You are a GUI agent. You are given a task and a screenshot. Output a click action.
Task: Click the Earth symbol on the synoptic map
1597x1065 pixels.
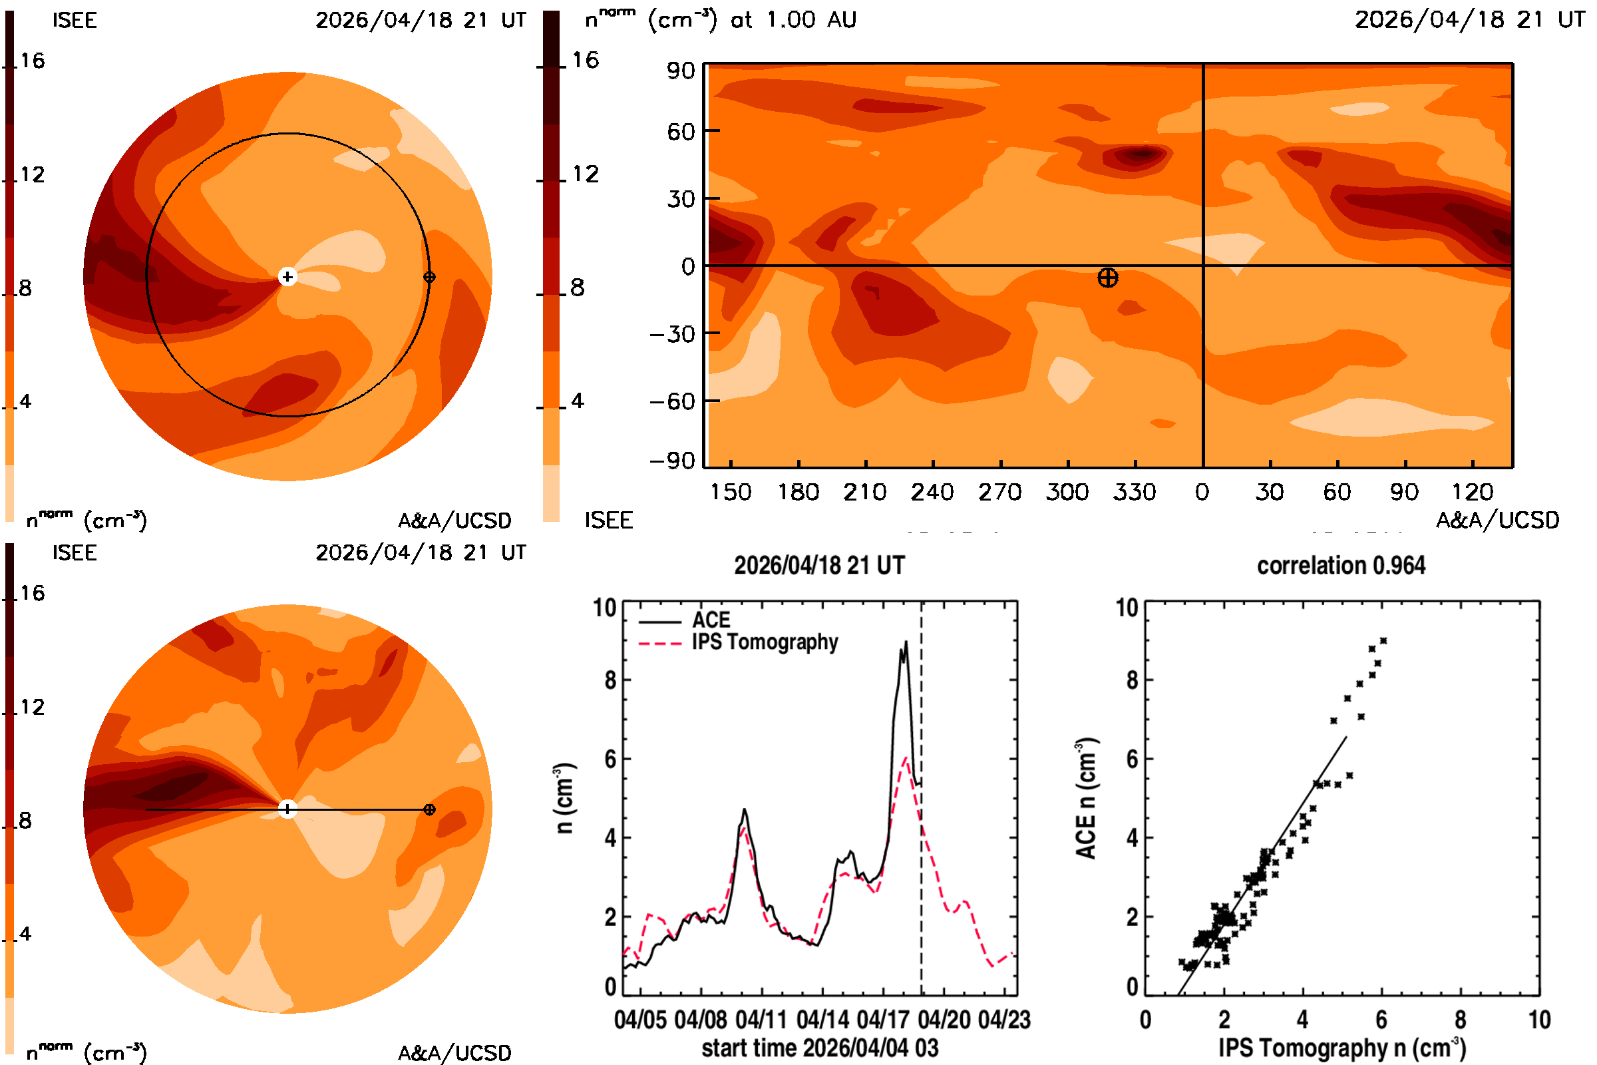point(1107,278)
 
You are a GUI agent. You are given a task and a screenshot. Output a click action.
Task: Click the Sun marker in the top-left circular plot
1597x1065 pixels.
point(287,276)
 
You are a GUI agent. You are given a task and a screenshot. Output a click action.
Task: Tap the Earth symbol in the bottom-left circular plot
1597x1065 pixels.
point(429,809)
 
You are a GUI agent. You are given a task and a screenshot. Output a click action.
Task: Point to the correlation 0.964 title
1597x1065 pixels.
point(1341,565)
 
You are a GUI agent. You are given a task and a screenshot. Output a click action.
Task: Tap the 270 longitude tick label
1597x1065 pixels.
point(999,492)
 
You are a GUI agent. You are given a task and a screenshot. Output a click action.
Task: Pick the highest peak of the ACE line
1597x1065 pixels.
point(905,641)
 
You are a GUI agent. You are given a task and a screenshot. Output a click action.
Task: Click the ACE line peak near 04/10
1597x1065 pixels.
point(744,809)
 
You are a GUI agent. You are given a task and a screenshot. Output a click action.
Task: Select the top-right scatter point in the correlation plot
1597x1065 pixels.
point(1383,640)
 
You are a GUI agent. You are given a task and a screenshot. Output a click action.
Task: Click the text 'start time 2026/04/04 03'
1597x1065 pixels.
point(820,1048)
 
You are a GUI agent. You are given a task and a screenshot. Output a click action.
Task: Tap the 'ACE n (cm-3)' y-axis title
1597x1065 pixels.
point(1086,798)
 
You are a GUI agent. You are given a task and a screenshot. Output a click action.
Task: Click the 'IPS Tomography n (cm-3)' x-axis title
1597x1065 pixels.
point(1341,1048)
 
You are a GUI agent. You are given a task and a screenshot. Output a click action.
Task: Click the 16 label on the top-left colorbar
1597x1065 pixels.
point(33,61)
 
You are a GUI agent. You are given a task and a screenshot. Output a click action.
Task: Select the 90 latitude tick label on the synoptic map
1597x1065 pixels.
point(680,71)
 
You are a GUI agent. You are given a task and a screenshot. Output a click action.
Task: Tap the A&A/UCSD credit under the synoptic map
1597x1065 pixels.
point(1497,521)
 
